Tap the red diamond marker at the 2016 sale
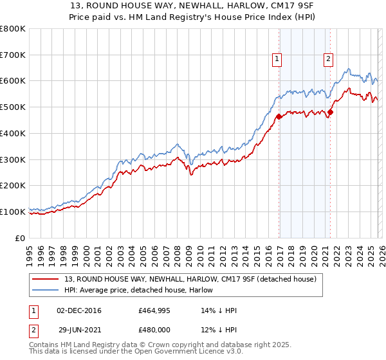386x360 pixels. (279, 117)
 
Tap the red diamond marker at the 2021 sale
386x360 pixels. (331, 113)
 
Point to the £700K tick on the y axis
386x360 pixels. (13, 55)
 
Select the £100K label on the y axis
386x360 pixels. (13, 212)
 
